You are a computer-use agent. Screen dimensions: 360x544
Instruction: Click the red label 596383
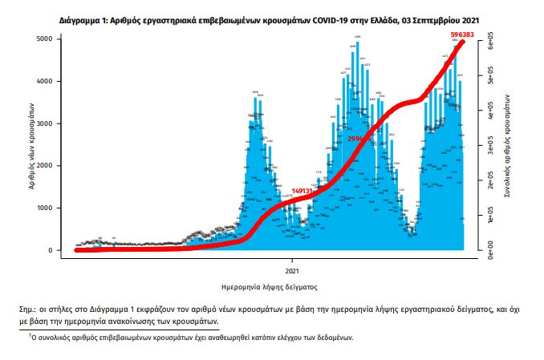pyautogui.click(x=461, y=35)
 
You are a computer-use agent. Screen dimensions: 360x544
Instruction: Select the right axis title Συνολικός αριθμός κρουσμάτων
pyautogui.click(x=507, y=148)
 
